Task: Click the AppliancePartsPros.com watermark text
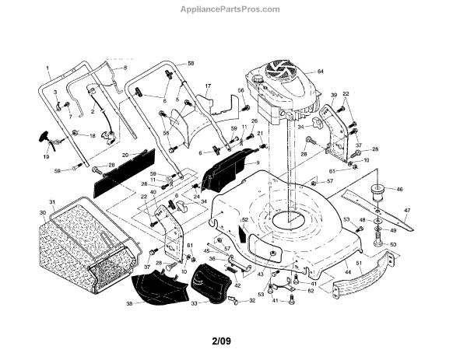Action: (x=233, y=9)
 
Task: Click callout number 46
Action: (x=399, y=189)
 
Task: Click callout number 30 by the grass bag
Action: (x=42, y=212)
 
